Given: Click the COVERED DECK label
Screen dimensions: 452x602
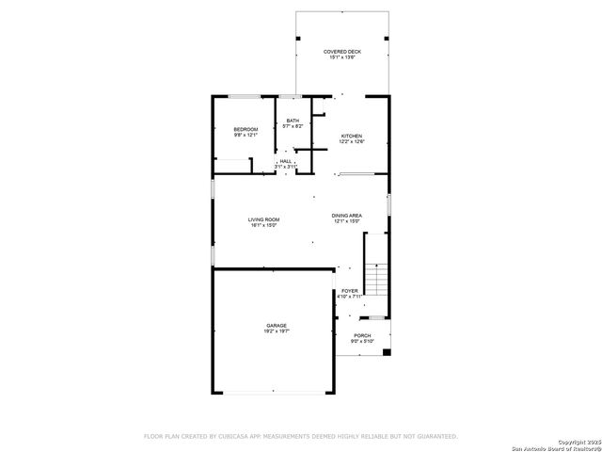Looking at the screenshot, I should pos(342,52).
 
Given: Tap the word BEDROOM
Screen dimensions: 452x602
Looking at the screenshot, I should pos(246,129).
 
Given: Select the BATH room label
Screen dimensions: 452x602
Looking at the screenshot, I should pos(293,120).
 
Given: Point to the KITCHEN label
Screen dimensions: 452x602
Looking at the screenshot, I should pos(352,135).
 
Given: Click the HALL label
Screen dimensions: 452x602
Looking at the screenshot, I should pos(285,161).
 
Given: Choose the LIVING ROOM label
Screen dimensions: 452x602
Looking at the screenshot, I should pos(264,219).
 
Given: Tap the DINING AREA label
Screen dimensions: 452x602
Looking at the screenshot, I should pos(347,216).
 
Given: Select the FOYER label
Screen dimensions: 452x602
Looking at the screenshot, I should pos(349,291).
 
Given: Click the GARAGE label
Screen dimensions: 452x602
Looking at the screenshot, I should pos(276,326).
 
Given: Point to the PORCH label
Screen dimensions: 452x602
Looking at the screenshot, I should pos(362,335).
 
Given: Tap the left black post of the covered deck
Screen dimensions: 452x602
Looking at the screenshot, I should pos(298,37).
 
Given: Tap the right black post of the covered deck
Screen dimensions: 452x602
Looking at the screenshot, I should pos(387,37).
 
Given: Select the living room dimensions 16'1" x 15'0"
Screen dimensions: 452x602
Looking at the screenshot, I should pos(264,226).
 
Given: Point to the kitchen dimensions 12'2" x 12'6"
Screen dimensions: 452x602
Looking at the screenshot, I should pos(352,141).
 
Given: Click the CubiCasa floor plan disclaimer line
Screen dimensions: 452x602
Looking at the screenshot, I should pos(300,436).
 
